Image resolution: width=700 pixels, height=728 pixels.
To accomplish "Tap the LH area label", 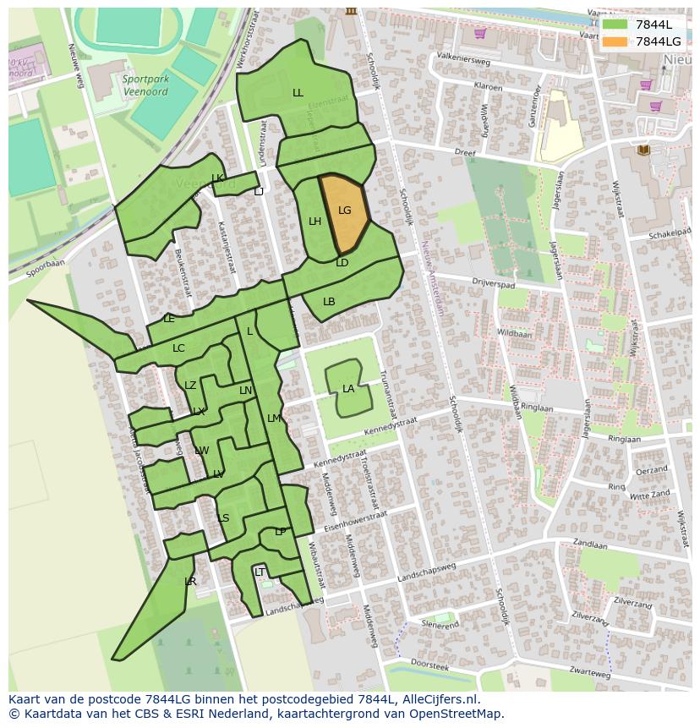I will pyautogui.click(x=314, y=222).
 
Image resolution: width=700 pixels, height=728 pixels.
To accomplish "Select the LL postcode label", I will pyautogui.click(x=298, y=93).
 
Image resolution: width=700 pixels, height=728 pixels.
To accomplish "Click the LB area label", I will pyautogui.click(x=329, y=302).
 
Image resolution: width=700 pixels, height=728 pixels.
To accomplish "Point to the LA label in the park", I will pyautogui.click(x=348, y=389).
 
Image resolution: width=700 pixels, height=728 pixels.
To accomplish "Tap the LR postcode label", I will pyautogui.click(x=190, y=582).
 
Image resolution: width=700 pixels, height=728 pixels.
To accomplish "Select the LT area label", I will pyautogui.click(x=260, y=572).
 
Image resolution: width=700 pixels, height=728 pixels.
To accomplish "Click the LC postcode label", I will pyautogui.click(x=178, y=348).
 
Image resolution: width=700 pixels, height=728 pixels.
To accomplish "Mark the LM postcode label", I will pyautogui.click(x=274, y=419).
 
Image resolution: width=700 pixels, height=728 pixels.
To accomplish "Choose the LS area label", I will pyautogui.click(x=223, y=518).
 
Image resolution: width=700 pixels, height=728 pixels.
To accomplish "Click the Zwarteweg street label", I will pyautogui.click(x=589, y=675).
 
